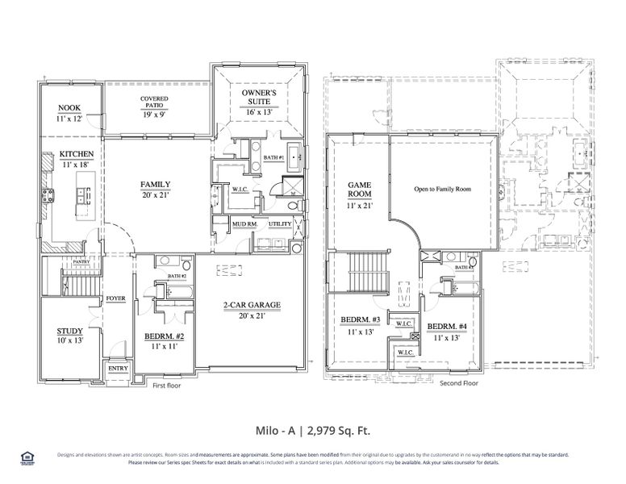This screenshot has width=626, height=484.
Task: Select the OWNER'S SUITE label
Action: click(260, 98)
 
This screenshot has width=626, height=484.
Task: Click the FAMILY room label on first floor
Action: click(155, 184)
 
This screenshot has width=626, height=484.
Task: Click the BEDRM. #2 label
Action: click(165, 336)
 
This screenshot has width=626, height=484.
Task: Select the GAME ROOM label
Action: click(359, 189)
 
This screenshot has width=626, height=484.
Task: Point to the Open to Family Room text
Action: click(442, 190)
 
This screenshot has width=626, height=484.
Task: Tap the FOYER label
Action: click(115, 298)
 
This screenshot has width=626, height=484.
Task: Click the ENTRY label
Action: click(118, 369)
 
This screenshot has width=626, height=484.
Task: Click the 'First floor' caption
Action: click(167, 386)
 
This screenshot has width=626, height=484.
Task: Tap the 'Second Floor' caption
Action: click(458, 383)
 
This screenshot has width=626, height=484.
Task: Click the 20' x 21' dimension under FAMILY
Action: click(155, 194)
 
